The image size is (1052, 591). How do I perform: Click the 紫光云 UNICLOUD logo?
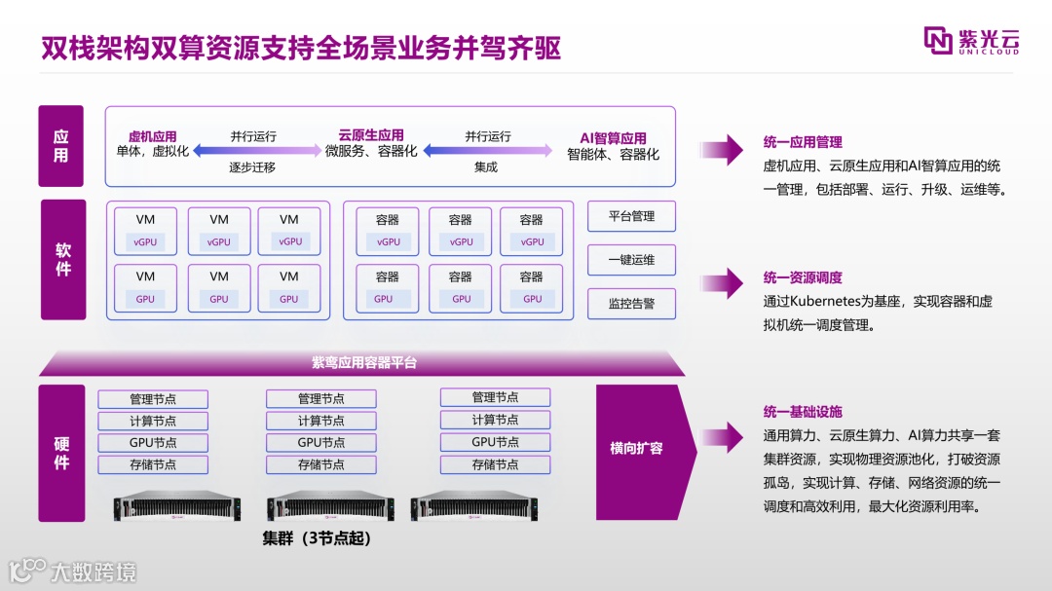point(971,41)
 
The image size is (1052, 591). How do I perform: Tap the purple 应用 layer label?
point(60,146)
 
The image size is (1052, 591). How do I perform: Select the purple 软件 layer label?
point(62,259)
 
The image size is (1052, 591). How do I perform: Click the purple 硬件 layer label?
point(61,453)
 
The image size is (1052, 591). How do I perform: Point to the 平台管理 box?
point(631,216)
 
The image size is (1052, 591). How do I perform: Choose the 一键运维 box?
point(631,260)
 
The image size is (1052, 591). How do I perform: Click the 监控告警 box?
point(631,304)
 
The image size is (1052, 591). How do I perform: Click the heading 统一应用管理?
point(803,142)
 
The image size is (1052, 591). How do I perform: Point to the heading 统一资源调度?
point(803,278)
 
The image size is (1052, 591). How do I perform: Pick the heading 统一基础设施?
point(803,412)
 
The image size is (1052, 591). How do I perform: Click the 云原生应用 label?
point(371,135)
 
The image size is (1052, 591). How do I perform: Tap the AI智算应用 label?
point(613,138)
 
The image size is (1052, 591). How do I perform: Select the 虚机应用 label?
point(152,136)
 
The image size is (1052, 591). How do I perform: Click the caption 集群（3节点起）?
point(317,537)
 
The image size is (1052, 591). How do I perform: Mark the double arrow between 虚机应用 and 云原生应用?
point(256,151)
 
